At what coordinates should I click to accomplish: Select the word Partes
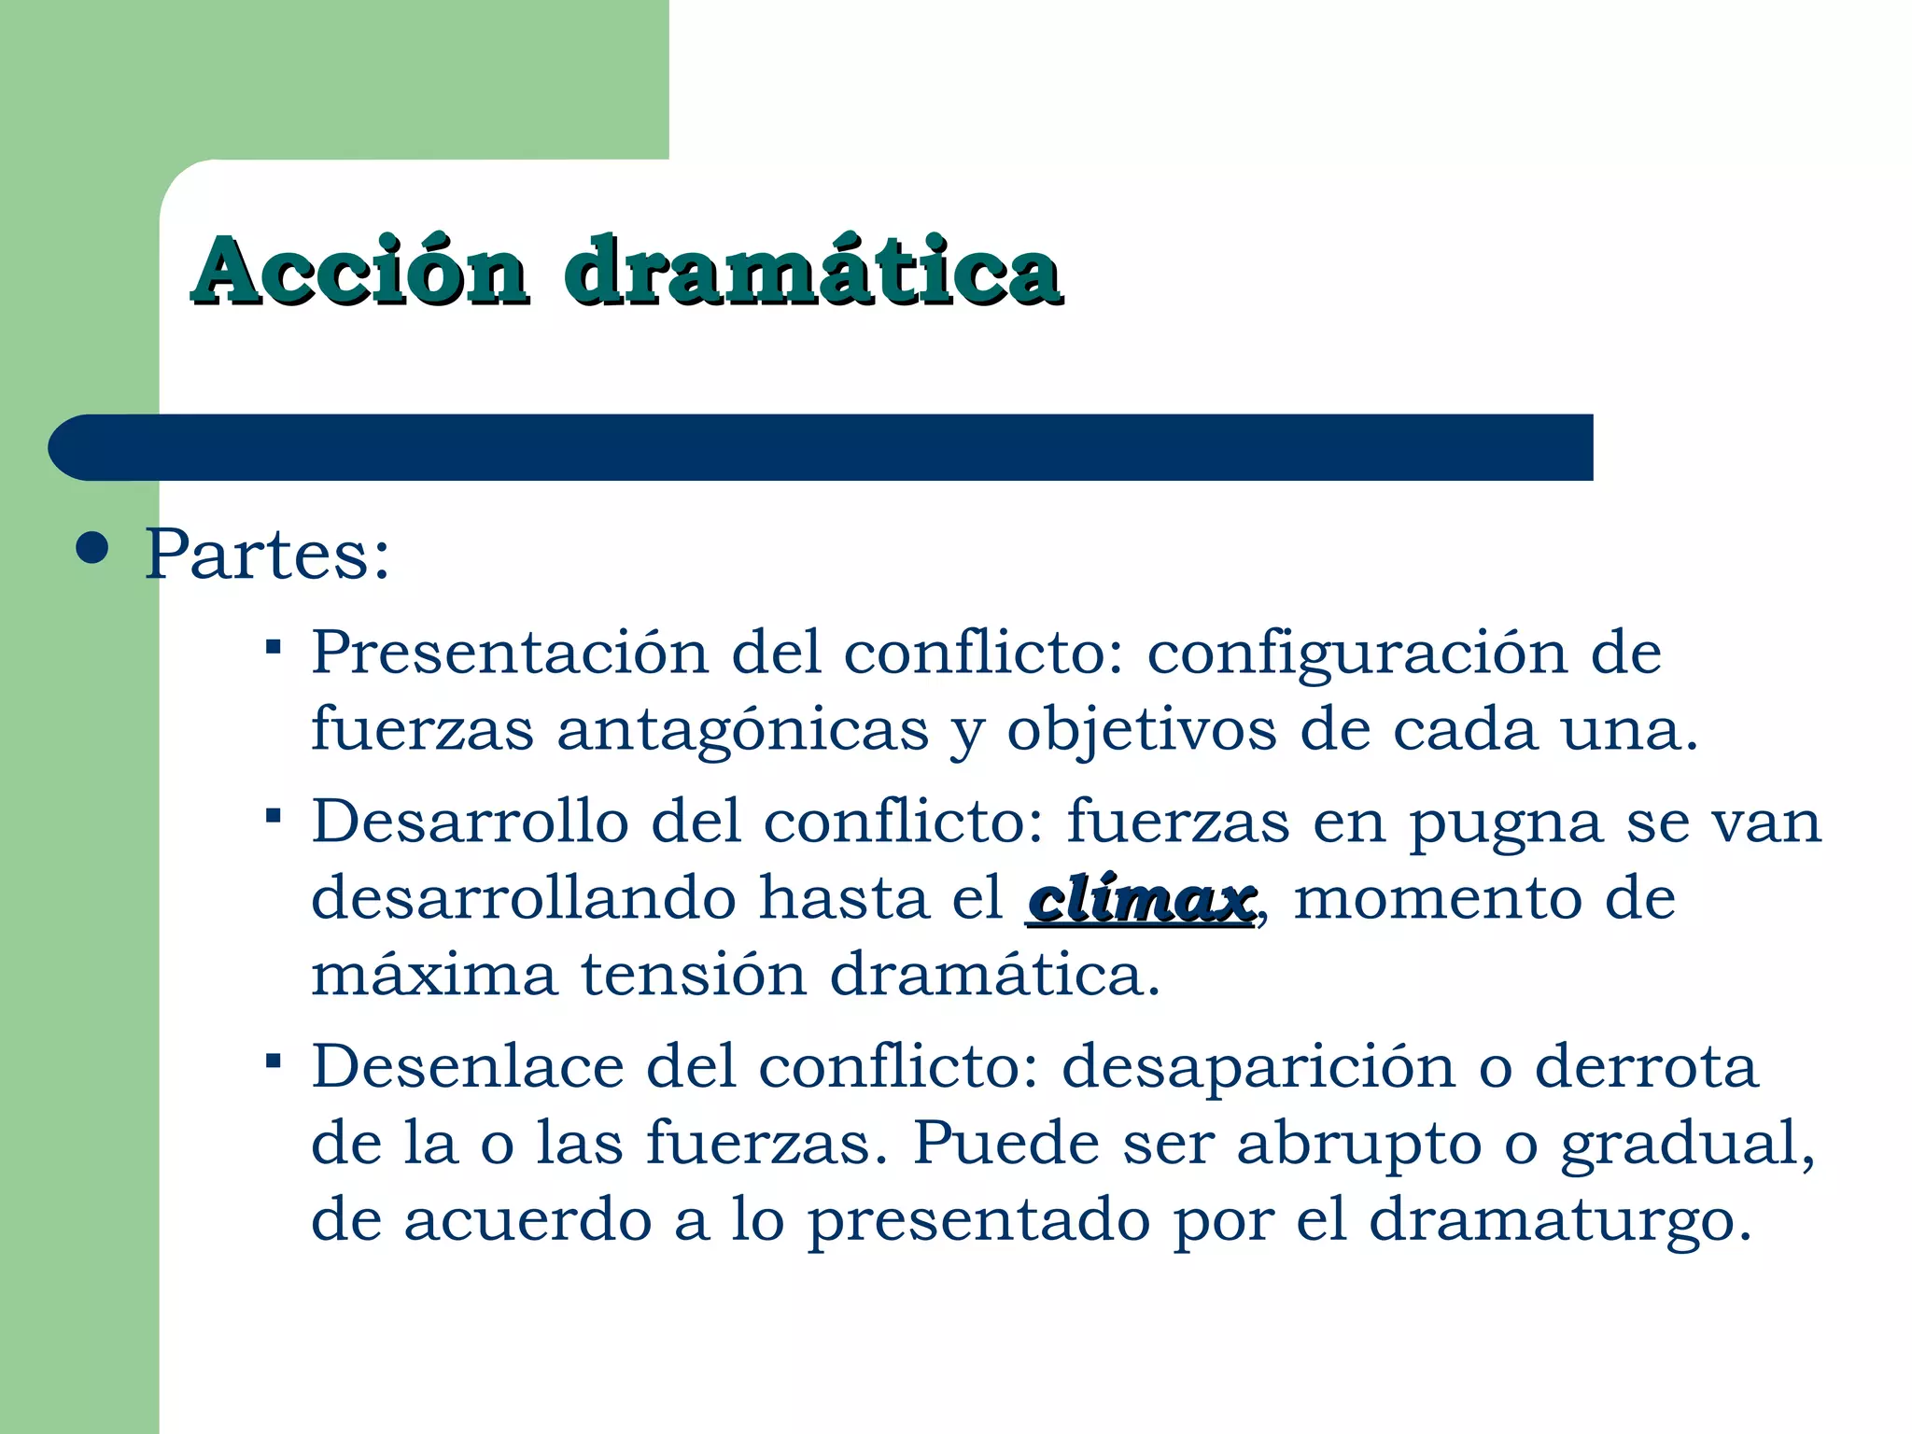point(267,555)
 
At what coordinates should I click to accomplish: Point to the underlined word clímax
point(1140,900)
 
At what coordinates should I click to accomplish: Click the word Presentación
point(510,653)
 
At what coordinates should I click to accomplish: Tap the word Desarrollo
point(470,822)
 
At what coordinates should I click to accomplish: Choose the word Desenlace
point(467,1067)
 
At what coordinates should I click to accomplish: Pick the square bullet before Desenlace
point(273,1061)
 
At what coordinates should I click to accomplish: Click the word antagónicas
point(743,731)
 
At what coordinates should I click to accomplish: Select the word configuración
point(1357,654)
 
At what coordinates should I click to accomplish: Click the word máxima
point(434,976)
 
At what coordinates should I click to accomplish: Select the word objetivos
point(1141,731)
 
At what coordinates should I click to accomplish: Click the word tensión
point(694,976)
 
